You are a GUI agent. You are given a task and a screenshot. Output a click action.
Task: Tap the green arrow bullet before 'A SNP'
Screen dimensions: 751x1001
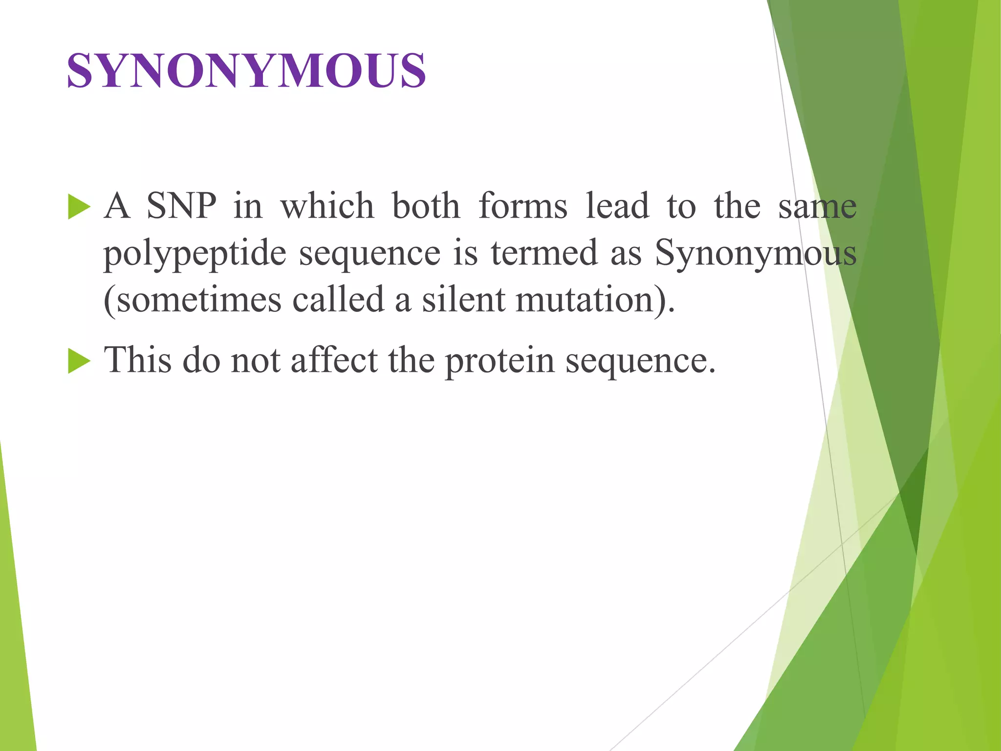[79, 206]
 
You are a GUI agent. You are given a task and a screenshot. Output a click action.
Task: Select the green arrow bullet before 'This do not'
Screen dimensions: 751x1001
[79, 361]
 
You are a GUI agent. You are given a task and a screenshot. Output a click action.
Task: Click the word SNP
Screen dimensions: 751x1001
[181, 206]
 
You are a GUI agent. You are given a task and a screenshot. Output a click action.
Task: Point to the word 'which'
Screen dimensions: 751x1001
[327, 206]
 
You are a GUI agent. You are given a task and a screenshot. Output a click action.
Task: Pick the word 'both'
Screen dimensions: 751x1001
[426, 206]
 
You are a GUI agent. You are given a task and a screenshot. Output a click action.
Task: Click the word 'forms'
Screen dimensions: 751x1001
[523, 206]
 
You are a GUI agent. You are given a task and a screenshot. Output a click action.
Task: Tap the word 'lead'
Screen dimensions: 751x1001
[617, 206]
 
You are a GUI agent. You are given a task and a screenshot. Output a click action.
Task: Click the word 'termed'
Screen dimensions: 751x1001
[544, 253]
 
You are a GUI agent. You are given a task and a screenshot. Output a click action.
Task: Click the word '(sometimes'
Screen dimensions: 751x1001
[193, 300]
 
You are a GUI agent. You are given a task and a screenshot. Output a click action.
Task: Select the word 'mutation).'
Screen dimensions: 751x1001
[595, 300]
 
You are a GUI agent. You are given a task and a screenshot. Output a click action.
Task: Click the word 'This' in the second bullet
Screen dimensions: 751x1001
[138, 360]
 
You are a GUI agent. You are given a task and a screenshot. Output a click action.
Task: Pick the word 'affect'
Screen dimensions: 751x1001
[334, 360]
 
